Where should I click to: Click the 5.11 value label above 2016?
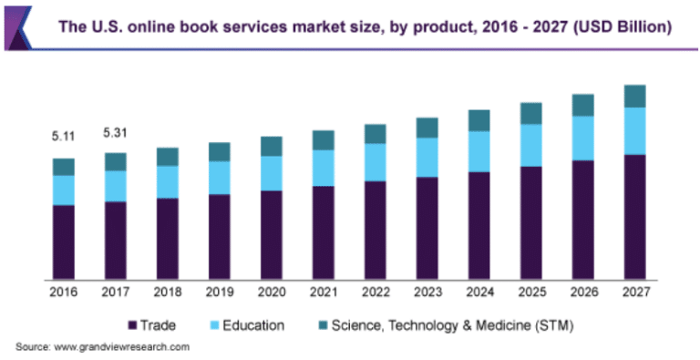coord(63,137)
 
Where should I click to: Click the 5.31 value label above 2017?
coord(115,132)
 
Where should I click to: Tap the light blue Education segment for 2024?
coord(479,151)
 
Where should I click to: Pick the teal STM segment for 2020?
coord(271,146)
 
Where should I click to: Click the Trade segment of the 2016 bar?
coord(63,242)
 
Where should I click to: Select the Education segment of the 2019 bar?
coord(219,178)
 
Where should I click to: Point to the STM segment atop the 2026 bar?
coord(582,105)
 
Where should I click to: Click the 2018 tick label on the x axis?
coord(167,293)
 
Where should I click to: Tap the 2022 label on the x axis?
coord(375,293)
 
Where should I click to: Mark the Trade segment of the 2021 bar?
coord(323,232)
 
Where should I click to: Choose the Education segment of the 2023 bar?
coord(427,157)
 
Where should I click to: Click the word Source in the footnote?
coord(32,346)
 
